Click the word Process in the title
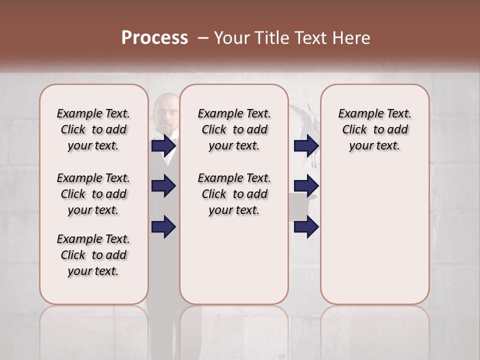pyautogui.click(x=154, y=38)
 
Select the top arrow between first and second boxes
pyautogui.click(x=163, y=145)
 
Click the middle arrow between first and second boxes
pyautogui.click(x=163, y=186)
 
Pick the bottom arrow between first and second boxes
pyautogui.click(x=163, y=226)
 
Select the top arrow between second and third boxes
pyautogui.click(x=306, y=145)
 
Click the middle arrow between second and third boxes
pyautogui.click(x=306, y=186)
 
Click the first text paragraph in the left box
pyautogui.click(x=93, y=129)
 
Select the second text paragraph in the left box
pyautogui.click(x=93, y=194)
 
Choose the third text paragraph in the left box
pyautogui.click(x=93, y=255)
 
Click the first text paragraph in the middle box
pyautogui.click(x=234, y=129)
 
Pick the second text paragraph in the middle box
pyautogui.click(x=234, y=194)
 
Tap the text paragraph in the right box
pyautogui.click(x=374, y=129)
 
